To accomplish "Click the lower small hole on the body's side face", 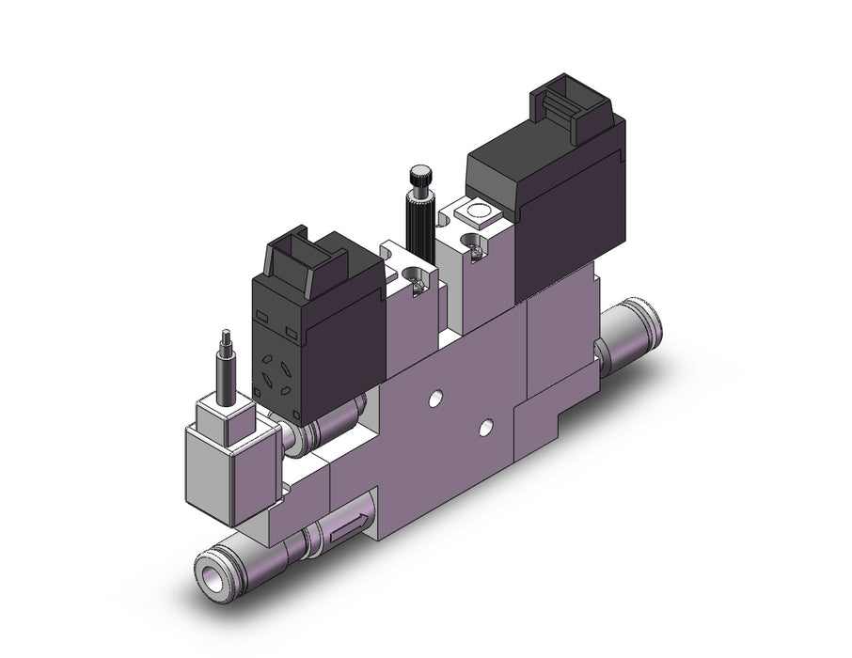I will [x=485, y=428].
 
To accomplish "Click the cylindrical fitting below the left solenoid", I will [x=325, y=429].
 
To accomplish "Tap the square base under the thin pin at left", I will [x=225, y=410].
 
